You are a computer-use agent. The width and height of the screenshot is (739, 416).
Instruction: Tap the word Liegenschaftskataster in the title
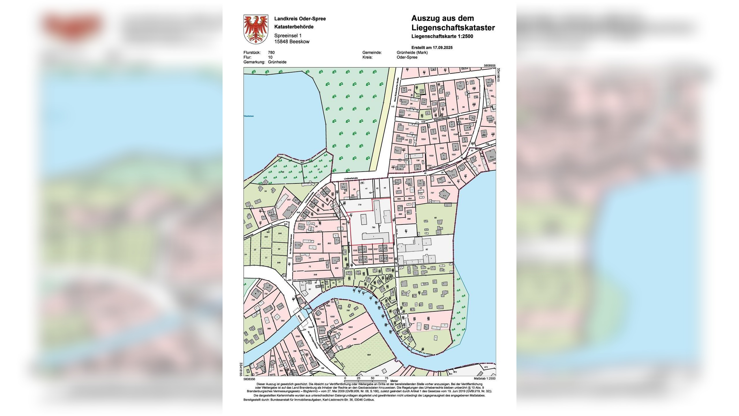(x=453, y=28)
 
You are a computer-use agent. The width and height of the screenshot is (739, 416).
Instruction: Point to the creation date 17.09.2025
(x=442, y=47)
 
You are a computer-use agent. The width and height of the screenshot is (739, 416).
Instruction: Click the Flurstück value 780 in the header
(x=271, y=53)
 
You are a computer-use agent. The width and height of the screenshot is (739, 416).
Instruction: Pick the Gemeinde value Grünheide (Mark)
(x=412, y=53)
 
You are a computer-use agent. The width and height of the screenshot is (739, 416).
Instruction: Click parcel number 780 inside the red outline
(x=373, y=228)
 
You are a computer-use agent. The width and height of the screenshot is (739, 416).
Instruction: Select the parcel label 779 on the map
(x=359, y=205)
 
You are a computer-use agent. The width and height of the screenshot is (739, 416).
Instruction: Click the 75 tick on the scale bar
(x=386, y=378)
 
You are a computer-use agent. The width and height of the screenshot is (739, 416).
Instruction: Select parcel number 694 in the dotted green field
(x=369, y=355)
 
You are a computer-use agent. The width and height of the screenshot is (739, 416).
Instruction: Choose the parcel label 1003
(x=350, y=327)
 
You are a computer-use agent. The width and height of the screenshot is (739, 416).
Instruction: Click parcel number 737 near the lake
(x=432, y=193)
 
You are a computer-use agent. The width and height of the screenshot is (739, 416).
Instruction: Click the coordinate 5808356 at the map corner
(x=249, y=379)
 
